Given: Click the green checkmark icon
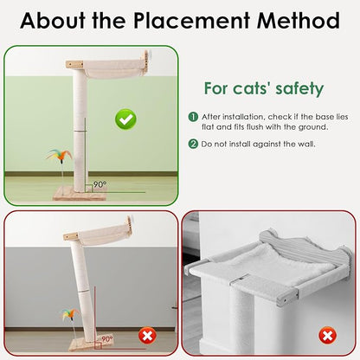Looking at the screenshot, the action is tap(125, 119).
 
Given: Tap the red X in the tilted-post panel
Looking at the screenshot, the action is tap(147, 337).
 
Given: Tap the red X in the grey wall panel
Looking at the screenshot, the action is tap(327, 336).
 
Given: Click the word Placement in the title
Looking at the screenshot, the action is tap(191, 21).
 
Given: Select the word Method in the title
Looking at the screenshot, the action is tap(299, 21).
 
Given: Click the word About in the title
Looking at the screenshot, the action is tap(53, 21).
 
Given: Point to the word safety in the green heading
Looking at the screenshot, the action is tap(299, 89).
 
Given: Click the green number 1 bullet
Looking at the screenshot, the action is tap(193, 117).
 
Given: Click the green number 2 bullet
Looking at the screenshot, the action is tap(193, 144).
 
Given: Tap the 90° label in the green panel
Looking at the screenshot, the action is tap(100, 184).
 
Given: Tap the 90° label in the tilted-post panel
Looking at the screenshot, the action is tap(106, 339).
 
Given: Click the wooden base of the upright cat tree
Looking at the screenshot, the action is tap(80, 194).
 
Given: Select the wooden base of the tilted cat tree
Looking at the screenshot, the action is tap(90, 344).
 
